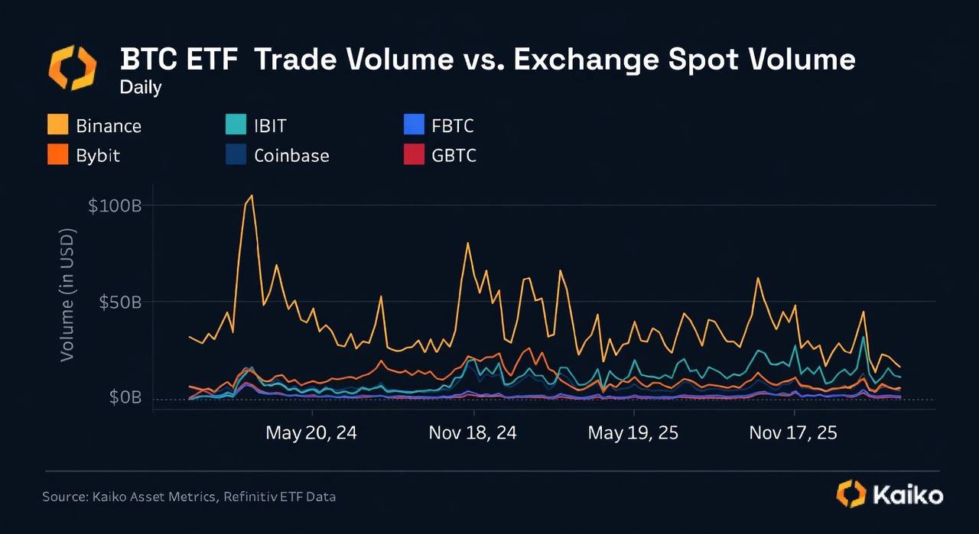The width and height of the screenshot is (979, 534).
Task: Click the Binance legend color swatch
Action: coord(57,125)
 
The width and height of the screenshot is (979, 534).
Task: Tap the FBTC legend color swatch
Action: coord(413,125)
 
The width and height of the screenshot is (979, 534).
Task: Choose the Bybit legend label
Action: coord(98,155)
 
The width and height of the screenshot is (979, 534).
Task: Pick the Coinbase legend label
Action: coord(291,155)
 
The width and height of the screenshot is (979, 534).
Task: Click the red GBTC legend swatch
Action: coord(413,155)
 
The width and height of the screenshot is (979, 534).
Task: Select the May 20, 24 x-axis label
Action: coord(311,433)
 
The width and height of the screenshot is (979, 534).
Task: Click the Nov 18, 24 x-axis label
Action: coord(473,433)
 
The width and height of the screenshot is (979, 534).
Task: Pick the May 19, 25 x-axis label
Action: coord(633,433)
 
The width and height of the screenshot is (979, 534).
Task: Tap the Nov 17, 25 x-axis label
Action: coord(793,433)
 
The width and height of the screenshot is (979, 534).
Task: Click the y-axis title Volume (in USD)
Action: coord(68,294)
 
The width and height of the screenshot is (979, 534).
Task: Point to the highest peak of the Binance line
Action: coord(251,196)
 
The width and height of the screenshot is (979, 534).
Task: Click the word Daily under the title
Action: coord(141,87)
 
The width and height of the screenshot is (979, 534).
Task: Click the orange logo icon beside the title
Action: coord(73,67)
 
